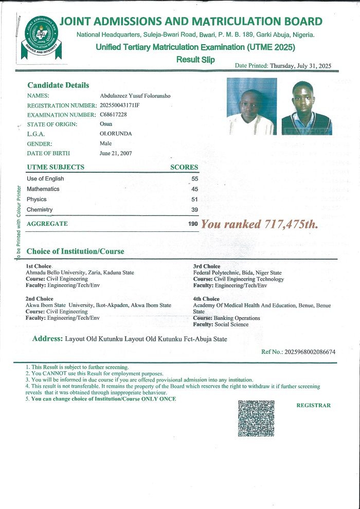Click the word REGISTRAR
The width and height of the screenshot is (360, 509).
tap(314, 405)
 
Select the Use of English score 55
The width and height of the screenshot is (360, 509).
tap(194, 178)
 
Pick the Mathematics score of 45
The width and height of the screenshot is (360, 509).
tap(194, 189)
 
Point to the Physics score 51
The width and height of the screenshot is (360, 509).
tap(194, 199)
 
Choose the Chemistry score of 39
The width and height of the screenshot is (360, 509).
tap(194, 210)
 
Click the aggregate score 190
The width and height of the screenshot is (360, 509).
tap(193, 224)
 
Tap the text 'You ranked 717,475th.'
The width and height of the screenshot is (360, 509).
tap(260, 224)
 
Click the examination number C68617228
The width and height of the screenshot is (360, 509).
tap(113, 114)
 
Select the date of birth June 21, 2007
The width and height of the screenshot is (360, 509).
tap(116, 153)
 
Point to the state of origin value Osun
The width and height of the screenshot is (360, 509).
tap(105, 124)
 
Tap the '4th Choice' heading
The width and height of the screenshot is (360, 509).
tap(206, 299)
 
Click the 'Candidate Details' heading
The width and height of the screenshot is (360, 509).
tap(58, 85)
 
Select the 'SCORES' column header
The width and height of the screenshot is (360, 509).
tap(184, 167)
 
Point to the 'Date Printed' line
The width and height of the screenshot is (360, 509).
tap(283, 65)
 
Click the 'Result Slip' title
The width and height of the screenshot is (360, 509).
tap(195, 60)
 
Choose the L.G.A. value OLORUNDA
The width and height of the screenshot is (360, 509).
tap(116, 134)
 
